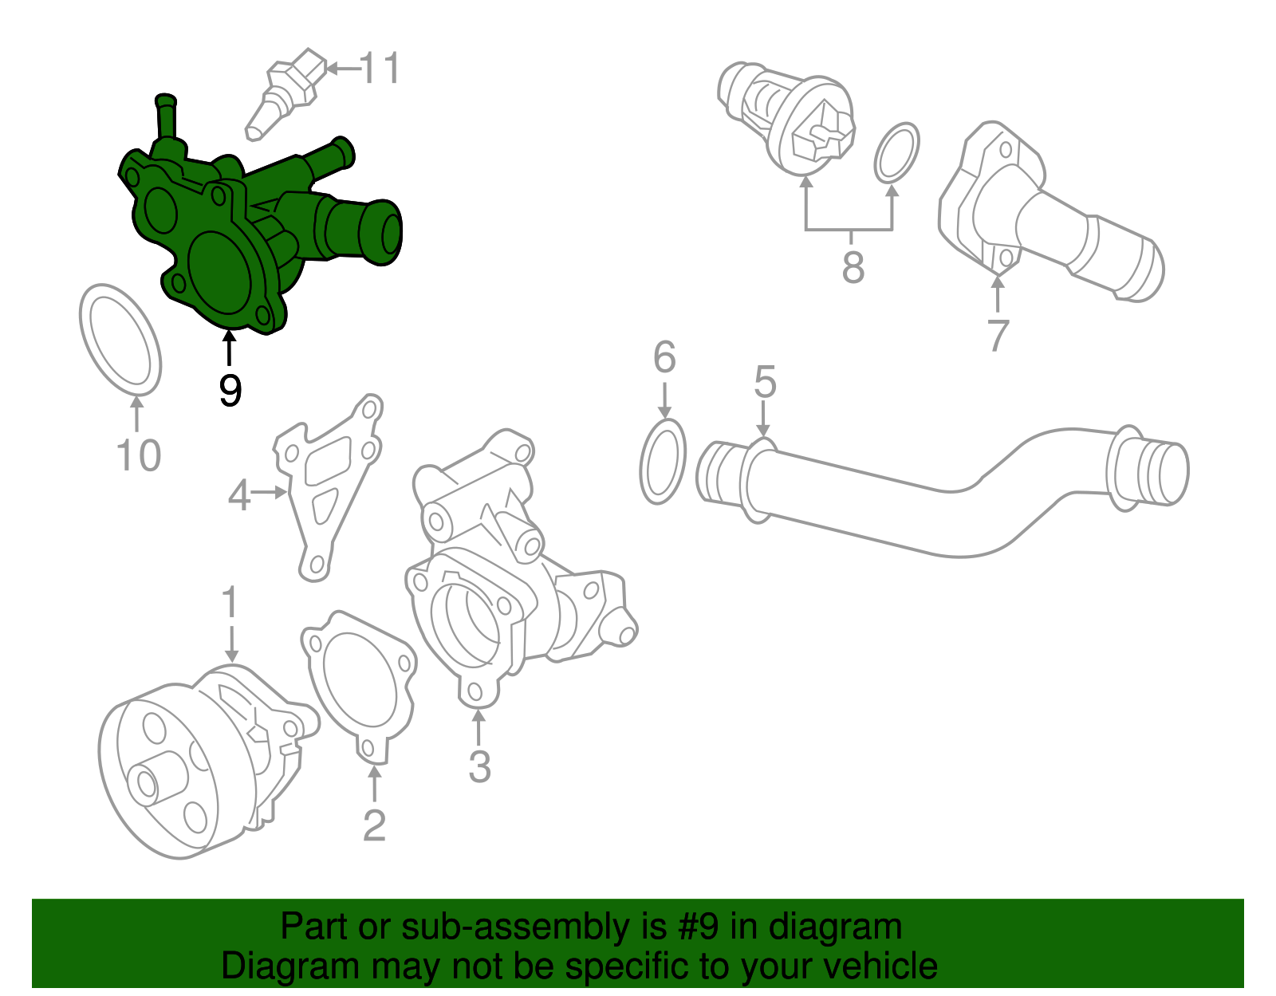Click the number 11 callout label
(x=380, y=69)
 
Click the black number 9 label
(x=230, y=391)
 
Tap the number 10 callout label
(x=139, y=455)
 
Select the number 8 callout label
(x=853, y=267)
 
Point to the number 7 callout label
(x=998, y=335)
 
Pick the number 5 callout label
(x=765, y=383)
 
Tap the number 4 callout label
(x=239, y=495)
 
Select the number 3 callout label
(x=478, y=766)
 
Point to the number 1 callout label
(x=230, y=602)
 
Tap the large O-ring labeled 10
(x=120, y=339)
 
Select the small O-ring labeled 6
(x=663, y=462)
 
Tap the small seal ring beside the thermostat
(x=896, y=152)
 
